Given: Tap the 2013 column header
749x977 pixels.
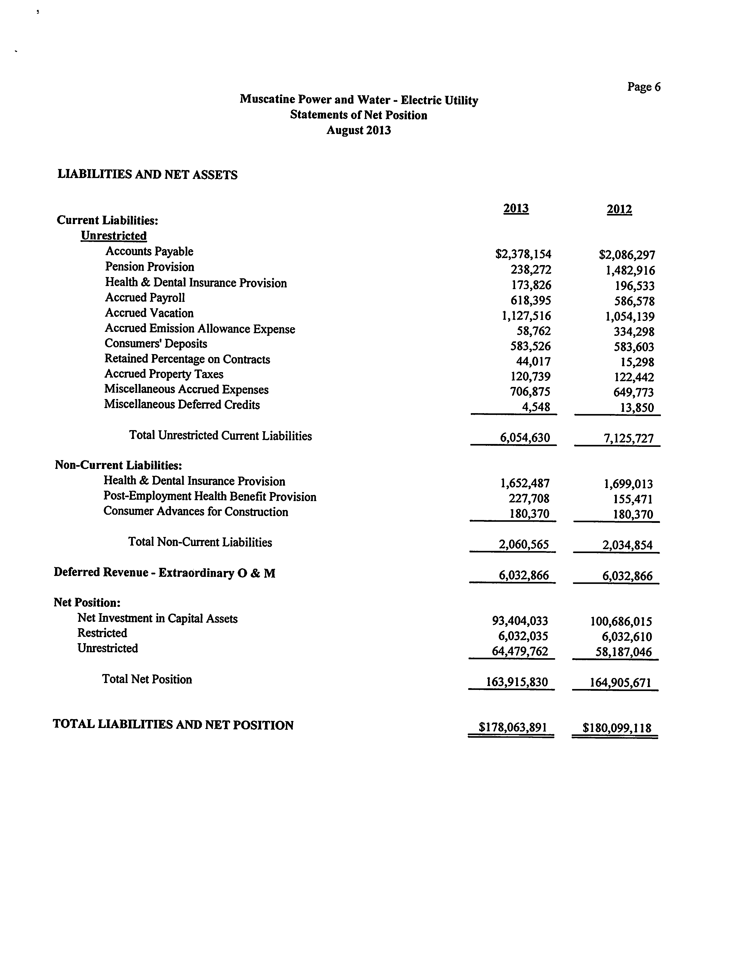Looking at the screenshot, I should tap(516, 209).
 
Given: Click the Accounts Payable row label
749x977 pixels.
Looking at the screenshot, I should tap(149, 251).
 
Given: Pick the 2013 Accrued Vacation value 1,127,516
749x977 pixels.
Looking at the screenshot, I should tap(526, 316).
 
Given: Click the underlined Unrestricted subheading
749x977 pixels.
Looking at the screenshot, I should tap(114, 236).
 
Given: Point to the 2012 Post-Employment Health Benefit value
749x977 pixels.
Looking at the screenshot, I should tap(633, 500).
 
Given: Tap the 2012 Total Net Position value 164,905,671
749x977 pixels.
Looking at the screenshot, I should tap(620, 683).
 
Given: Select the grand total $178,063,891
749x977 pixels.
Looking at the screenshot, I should tap(512, 728).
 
